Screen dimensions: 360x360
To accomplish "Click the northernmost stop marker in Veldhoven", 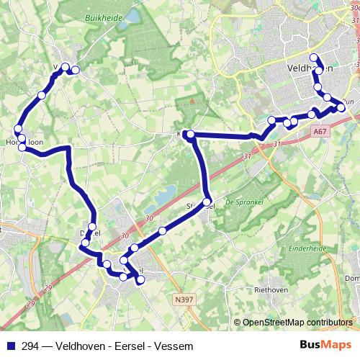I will tap(312, 58).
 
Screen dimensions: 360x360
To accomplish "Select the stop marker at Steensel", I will tap(207, 202).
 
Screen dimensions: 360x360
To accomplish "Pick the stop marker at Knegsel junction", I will tap(189, 135).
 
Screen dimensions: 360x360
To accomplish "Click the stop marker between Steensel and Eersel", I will tap(163, 231).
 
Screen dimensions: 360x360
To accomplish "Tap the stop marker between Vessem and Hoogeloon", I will tap(42, 95).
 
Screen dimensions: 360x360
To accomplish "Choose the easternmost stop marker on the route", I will tap(341, 108).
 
